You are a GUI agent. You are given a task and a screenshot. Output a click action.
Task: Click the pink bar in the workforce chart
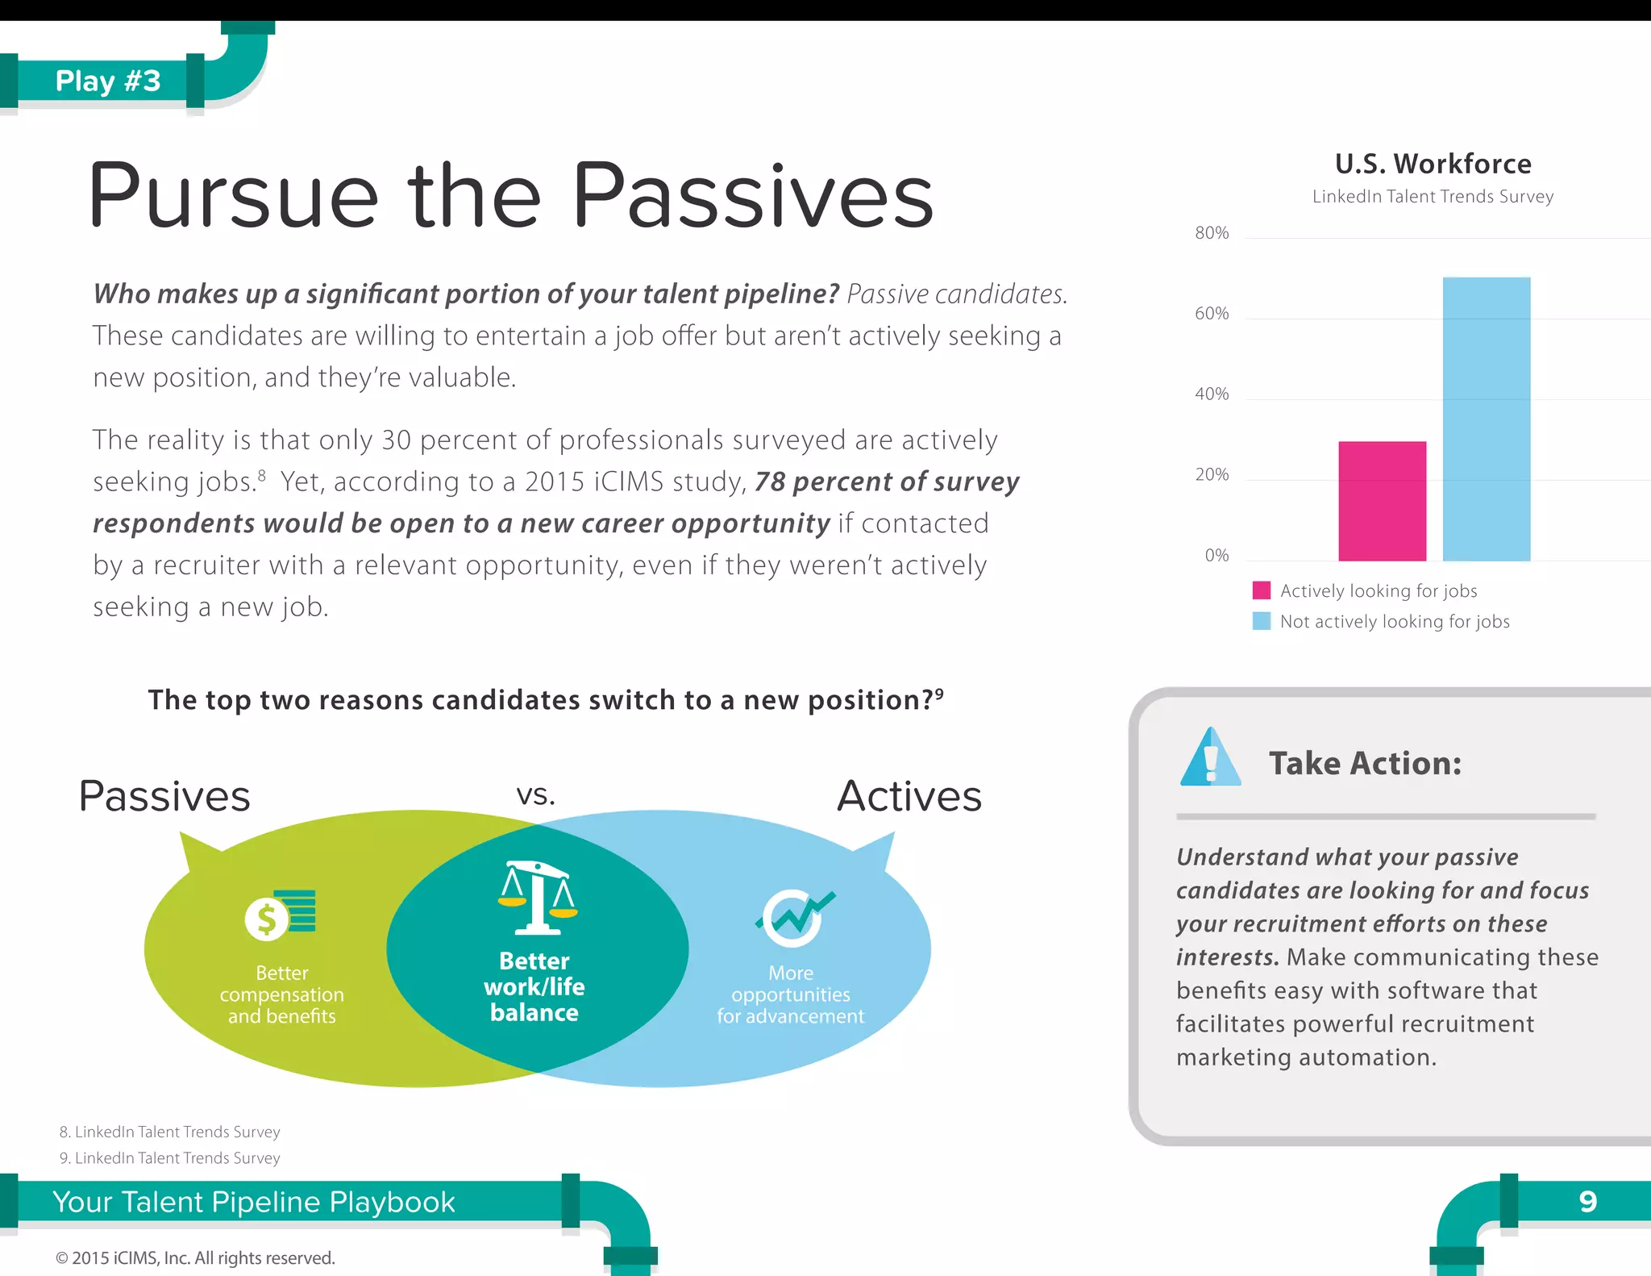1382,501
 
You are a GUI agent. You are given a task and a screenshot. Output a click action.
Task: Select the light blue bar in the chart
1486,419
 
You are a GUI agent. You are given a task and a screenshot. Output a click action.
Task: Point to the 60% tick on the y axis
1212,314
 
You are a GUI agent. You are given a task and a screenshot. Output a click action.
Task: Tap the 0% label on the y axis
1216,556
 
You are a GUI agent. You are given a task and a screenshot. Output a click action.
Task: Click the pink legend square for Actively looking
1262,590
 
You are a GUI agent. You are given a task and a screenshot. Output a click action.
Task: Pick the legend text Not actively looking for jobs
1394,622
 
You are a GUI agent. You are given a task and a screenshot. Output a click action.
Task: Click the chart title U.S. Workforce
1433,164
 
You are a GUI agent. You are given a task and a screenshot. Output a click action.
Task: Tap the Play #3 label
108,81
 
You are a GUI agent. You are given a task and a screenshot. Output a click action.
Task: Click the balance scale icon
537,898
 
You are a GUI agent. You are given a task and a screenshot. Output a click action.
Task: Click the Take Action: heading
1365,763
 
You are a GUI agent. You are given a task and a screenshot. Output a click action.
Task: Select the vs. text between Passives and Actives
535,795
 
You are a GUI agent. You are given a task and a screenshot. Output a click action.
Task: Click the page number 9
1587,1202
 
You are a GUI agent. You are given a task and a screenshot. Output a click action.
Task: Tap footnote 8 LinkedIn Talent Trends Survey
170,1132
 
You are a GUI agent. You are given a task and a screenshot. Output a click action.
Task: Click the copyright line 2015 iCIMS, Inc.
195,1257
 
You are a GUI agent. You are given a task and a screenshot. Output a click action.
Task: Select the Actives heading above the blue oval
909,796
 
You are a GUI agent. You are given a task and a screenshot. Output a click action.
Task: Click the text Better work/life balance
534,986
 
